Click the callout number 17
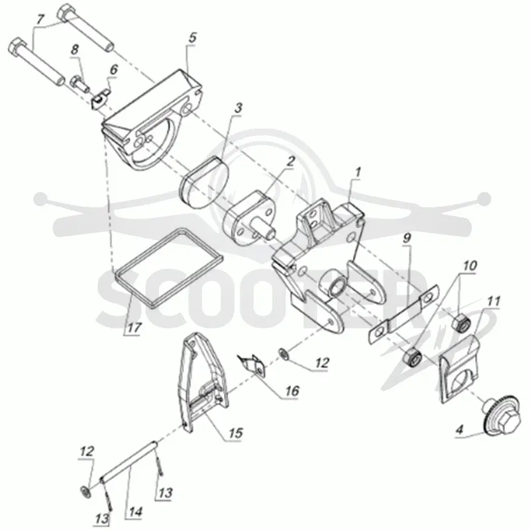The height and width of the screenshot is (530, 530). pos(134,327)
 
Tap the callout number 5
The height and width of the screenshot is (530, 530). pos(192,38)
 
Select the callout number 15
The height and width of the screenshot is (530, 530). pos(236,433)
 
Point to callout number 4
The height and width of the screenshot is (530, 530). pos(459,430)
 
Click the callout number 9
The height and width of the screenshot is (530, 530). pos(407,238)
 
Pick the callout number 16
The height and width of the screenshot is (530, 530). pos(292,391)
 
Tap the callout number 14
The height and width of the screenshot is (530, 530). pos(135,511)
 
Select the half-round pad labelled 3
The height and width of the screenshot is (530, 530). pos(205,183)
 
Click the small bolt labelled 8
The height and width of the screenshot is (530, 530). pos(79,83)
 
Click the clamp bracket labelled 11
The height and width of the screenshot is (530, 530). pos(459,371)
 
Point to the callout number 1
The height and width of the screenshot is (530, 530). pos(357,172)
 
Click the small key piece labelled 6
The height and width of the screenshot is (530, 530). pos(101,99)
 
